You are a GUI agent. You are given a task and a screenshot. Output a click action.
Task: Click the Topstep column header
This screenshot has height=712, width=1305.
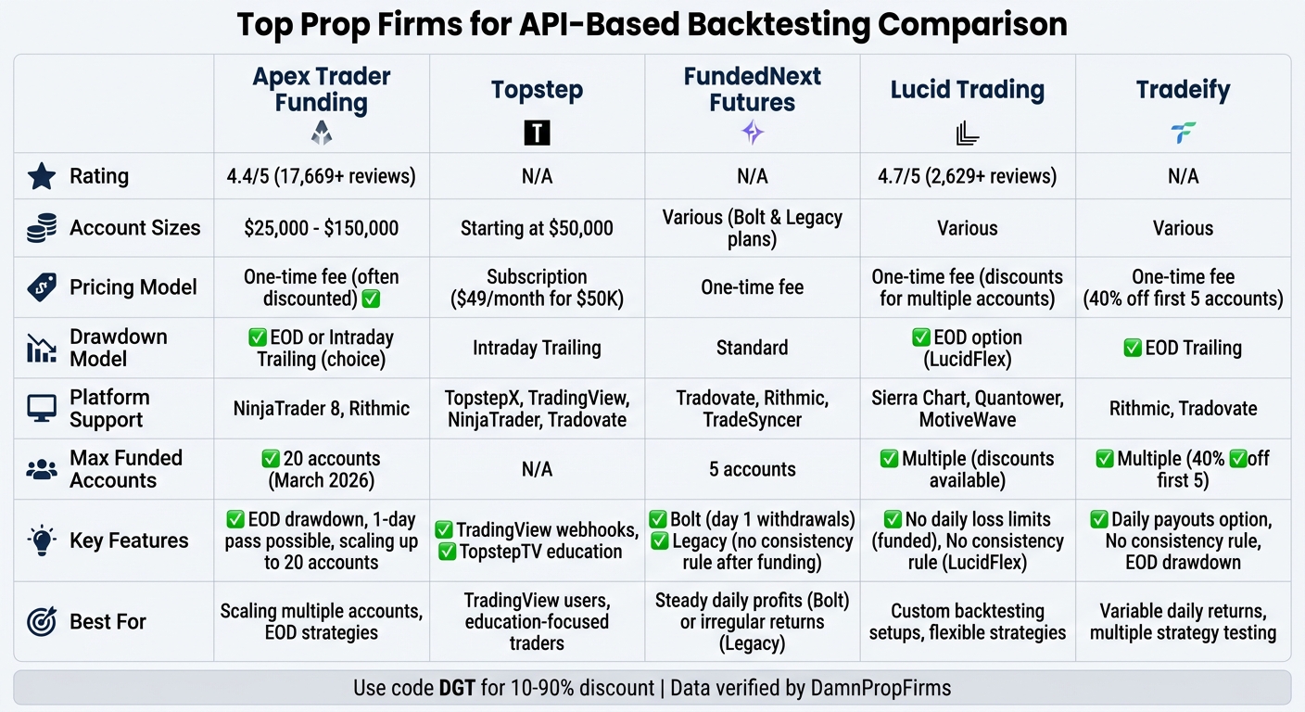(x=537, y=90)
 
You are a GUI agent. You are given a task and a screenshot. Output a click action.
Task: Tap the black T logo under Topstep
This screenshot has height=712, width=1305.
(x=537, y=133)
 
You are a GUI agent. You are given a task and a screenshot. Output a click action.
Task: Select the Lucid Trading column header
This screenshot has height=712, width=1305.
(x=968, y=90)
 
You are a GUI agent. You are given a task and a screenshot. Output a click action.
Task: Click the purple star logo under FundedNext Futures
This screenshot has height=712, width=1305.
(x=753, y=133)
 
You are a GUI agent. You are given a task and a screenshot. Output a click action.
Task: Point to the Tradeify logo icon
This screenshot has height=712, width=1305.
(x=1183, y=133)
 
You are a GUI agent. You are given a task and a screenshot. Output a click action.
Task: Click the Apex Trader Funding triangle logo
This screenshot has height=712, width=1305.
(x=322, y=133)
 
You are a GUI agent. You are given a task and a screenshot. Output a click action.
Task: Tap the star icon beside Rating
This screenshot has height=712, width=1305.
(x=42, y=176)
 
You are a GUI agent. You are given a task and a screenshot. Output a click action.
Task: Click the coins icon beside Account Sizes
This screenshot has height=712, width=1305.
(x=42, y=228)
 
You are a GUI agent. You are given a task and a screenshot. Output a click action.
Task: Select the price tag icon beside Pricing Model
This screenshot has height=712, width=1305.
(x=42, y=287)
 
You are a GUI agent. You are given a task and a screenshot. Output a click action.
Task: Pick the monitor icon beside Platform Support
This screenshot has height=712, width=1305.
(x=42, y=409)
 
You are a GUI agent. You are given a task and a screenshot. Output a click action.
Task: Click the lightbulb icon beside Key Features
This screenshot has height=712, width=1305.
(x=42, y=540)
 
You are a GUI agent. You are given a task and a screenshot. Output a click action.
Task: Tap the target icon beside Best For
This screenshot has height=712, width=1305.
(x=42, y=621)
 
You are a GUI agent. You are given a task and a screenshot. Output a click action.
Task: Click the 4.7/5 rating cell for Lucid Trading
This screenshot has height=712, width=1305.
(x=968, y=176)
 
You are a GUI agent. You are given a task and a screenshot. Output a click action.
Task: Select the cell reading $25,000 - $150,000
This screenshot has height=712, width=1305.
(x=322, y=228)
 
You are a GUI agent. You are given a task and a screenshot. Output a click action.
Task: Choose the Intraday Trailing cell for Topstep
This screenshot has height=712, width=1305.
(x=537, y=349)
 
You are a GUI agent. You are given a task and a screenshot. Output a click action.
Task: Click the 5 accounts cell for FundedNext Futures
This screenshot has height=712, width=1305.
(x=753, y=469)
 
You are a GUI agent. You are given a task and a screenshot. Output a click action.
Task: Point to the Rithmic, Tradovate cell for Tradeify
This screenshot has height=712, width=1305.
(x=1183, y=409)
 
